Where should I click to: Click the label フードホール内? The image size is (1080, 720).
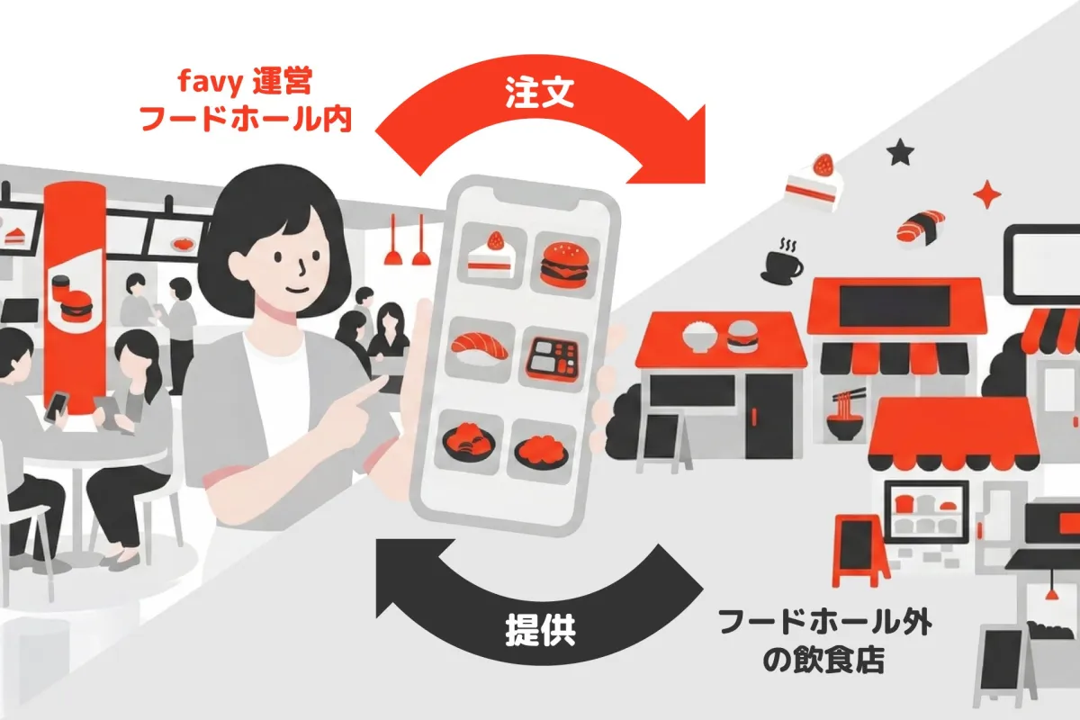point(245,121)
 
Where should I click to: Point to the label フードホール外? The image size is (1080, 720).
point(825,623)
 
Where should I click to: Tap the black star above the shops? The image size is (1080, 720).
point(899,153)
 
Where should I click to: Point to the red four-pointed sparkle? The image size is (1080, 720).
point(987,194)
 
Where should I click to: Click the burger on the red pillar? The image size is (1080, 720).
point(75,308)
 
